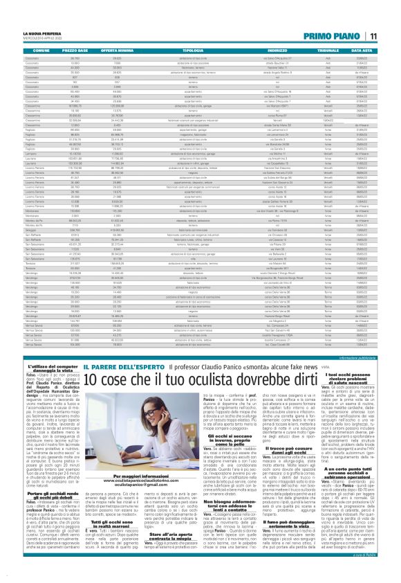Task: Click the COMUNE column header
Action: [41, 51]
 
